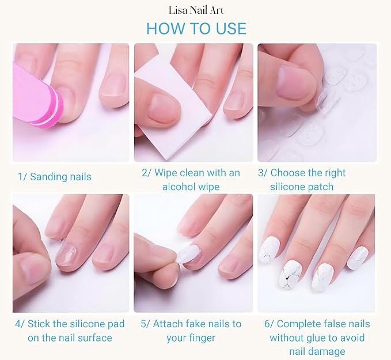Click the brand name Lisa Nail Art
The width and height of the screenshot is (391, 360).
pos(196,10)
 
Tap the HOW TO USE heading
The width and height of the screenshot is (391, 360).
pos(196,28)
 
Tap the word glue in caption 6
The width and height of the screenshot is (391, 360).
pos(316,338)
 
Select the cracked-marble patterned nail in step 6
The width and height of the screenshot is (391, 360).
pos(290,274)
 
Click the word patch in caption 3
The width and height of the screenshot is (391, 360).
pos(320,187)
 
